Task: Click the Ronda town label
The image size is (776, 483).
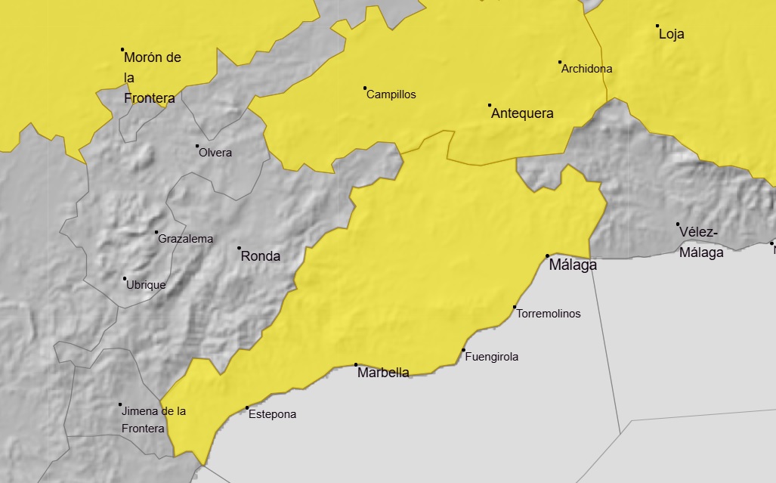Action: (260, 256)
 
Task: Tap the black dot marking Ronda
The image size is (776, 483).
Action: (240, 248)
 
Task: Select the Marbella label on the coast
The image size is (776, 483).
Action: (383, 373)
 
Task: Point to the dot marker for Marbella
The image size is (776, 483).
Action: (356, 365)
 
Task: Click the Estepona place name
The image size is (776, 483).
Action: (273, 414)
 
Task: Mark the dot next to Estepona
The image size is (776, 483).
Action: (247, 408)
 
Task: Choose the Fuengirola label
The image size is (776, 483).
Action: (492, 357)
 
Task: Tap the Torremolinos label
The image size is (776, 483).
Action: (549, 313)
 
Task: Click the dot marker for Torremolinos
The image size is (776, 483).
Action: (515, 307)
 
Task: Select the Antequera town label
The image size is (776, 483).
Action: (522, 114)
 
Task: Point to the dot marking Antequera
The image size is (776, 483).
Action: (490, 105)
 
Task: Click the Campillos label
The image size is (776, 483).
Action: (391, 95)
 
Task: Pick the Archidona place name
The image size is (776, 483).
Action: (586, 69)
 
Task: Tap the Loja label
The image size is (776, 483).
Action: (671, 34)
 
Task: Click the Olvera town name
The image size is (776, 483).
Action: (215, 153)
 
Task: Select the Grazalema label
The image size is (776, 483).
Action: (185, 239)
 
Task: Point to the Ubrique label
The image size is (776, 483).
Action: (146, 285)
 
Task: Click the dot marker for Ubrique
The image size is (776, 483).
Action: (125, 278)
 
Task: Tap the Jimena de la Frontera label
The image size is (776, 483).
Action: (153, 420)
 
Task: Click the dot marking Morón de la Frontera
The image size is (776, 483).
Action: (122, 50)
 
